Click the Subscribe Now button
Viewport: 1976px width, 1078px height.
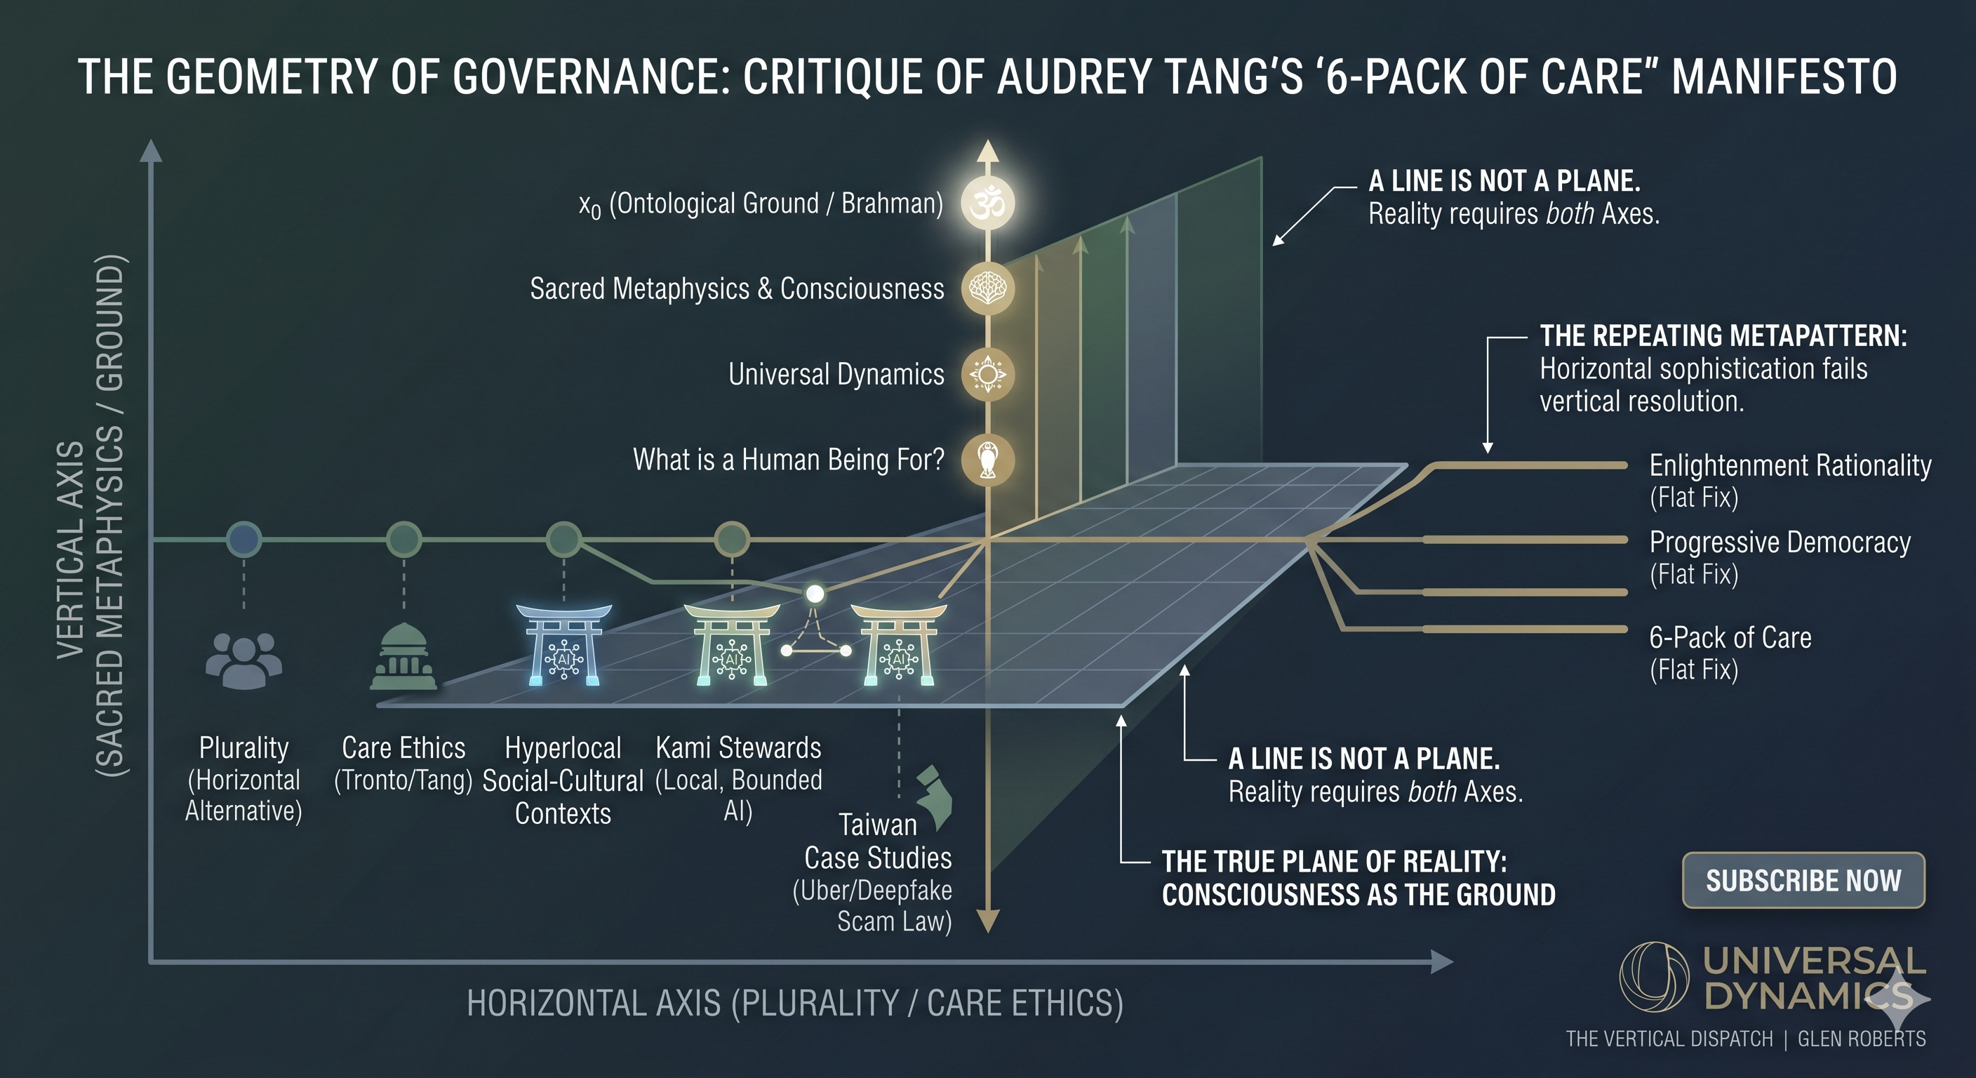point(1803,880)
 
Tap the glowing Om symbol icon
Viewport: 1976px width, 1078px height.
point(988,204)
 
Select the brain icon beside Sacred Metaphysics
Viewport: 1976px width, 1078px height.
point(988,288)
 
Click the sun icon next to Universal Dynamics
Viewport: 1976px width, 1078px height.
point(988,375)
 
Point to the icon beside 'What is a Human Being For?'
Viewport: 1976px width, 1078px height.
point(988,460)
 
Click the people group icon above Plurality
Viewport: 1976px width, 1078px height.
point(244,660)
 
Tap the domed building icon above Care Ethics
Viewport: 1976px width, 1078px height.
point(403,657)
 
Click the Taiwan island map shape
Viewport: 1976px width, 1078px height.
point(936,798)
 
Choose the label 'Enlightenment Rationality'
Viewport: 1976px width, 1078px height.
point(1790,465)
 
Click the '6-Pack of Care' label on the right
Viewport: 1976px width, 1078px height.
point(1730,637)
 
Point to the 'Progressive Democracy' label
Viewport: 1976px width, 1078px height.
point(1780,543)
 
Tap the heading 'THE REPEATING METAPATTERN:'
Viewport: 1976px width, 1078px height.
point(1723,336)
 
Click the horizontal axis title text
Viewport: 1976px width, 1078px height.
point(795,1004)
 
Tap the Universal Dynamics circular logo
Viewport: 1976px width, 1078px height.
point(1654,978)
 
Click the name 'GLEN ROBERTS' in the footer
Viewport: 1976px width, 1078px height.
point(1862,1039)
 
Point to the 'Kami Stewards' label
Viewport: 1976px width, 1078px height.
point(738,747)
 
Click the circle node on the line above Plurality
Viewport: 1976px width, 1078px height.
point(244,540)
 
